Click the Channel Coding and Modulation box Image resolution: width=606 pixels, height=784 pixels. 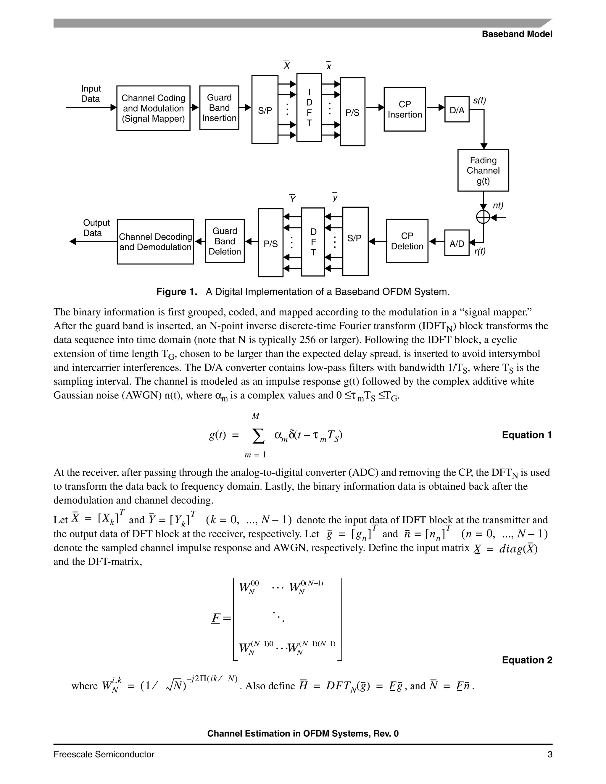[x=153, y=108]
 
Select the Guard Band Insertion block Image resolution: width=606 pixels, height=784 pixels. [x=219, y=108]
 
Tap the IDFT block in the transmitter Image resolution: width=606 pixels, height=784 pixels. [x=309, y=108]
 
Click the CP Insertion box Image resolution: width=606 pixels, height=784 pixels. [x=404, y=109]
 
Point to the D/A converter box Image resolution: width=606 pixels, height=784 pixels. [x=457, y=109]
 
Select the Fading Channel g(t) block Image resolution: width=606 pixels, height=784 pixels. [x=483, y=170]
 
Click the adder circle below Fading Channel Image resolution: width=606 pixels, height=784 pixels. [x=483, y=217]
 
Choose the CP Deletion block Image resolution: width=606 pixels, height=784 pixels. [x=407, y=241]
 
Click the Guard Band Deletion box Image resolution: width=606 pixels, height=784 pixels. [x=225, y=241]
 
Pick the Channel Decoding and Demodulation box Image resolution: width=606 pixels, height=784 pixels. [x=155, y=242]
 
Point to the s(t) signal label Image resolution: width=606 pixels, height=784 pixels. [x=479, y=101]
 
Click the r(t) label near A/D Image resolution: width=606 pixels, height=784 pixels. [x=480, y=251]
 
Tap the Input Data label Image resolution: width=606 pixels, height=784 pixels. [x=91, y=94]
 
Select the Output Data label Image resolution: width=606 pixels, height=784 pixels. [x=96, y=228]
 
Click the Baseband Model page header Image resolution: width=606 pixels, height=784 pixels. [x=517, y=34]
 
